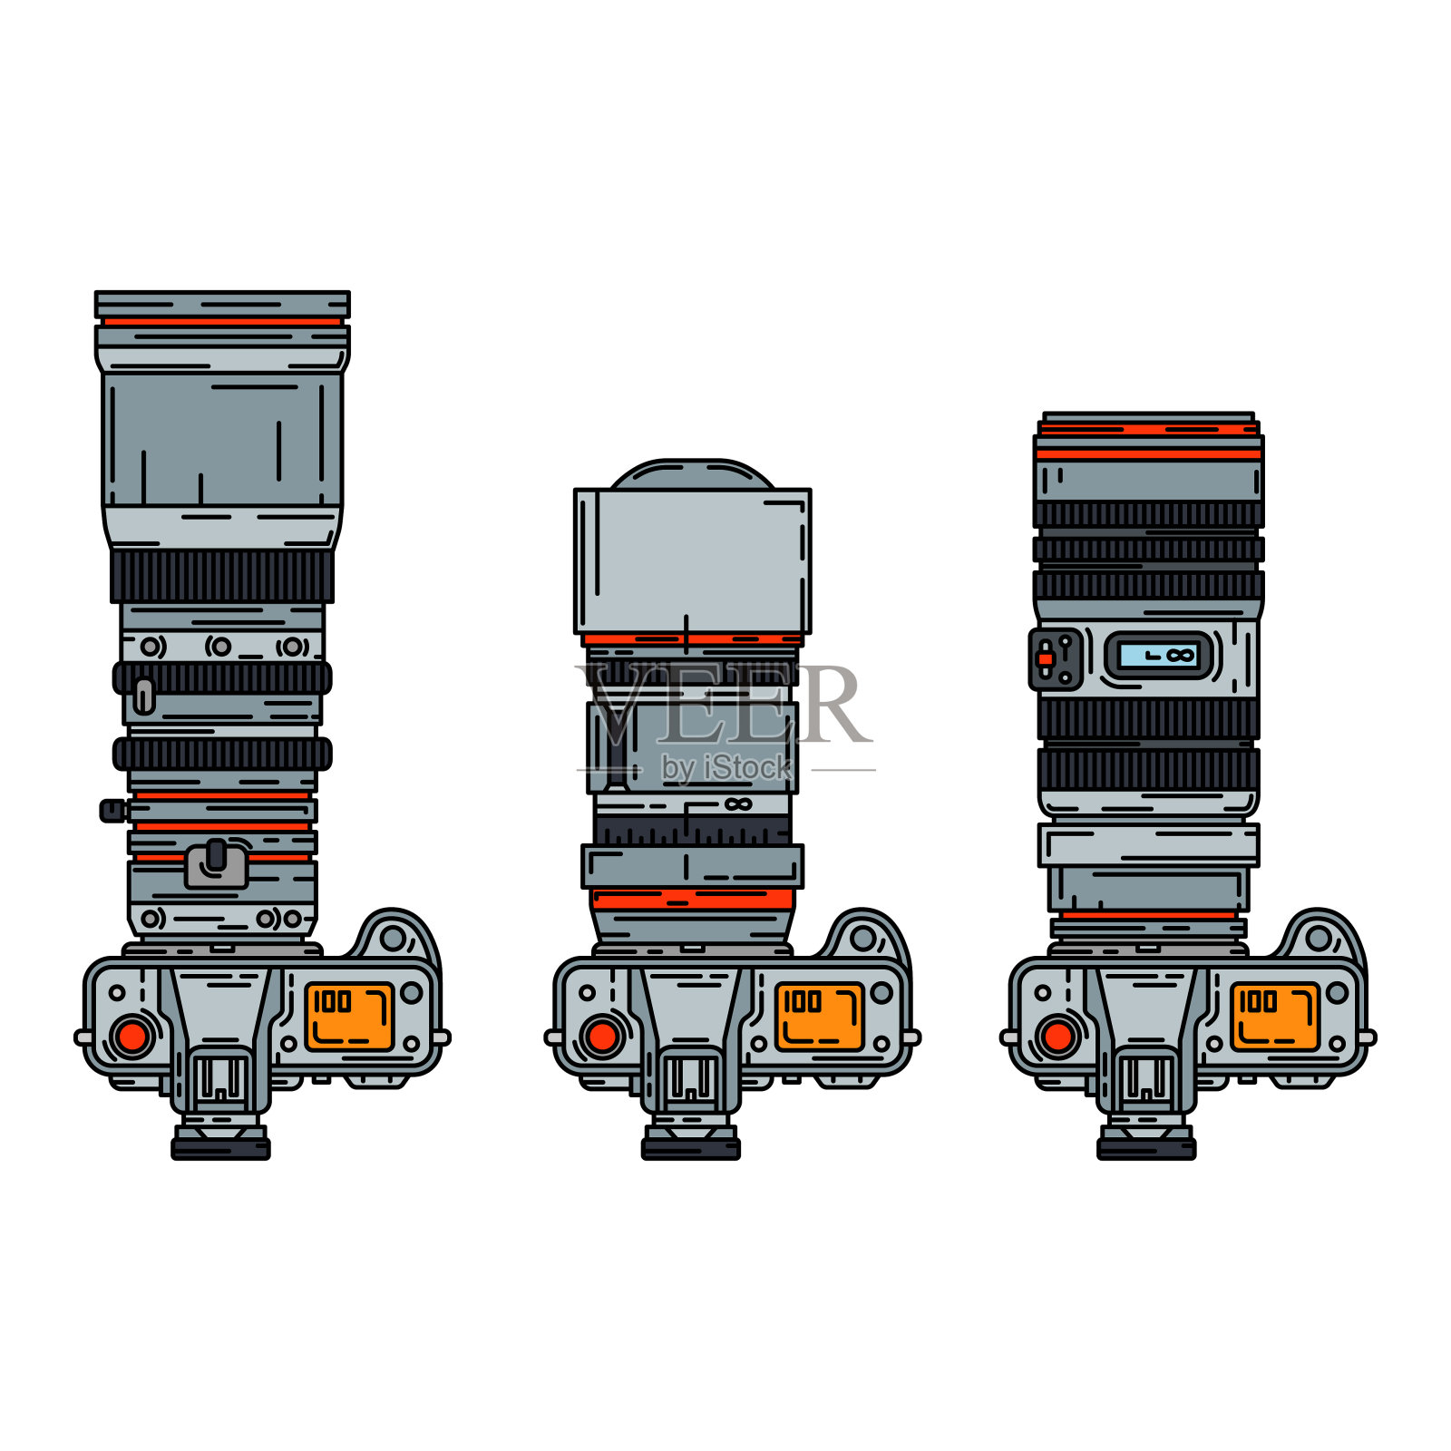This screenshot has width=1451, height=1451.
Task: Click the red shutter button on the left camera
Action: (x=132, y=1036)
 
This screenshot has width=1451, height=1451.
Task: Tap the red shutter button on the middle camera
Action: (x=602, y=1036)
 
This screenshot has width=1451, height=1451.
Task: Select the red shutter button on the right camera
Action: (x=1057, y=1036)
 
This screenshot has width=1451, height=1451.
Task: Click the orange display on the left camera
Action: (x=349, y=1017)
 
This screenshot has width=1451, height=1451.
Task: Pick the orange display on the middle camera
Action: (x=819, y=1017)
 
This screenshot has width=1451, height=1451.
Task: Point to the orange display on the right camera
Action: (x=1274, y=1017)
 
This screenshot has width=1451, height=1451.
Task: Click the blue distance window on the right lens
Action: (x=1159, y=655)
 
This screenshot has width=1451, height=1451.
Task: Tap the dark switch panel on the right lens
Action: (x=1056, y=659)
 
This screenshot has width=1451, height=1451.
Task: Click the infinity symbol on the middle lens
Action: (x=738, y=804)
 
